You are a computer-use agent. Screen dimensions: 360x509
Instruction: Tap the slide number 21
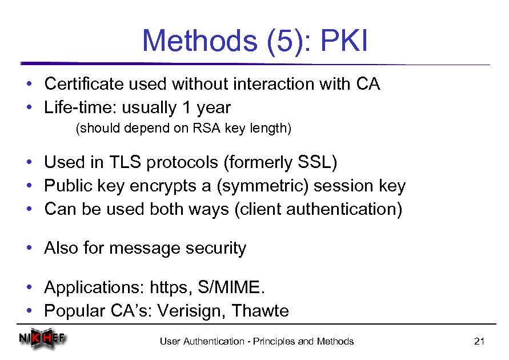click(479, 342)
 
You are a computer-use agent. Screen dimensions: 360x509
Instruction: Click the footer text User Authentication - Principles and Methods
click(256, 342)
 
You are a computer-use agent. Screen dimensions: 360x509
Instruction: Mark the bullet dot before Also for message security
click(29, 249)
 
